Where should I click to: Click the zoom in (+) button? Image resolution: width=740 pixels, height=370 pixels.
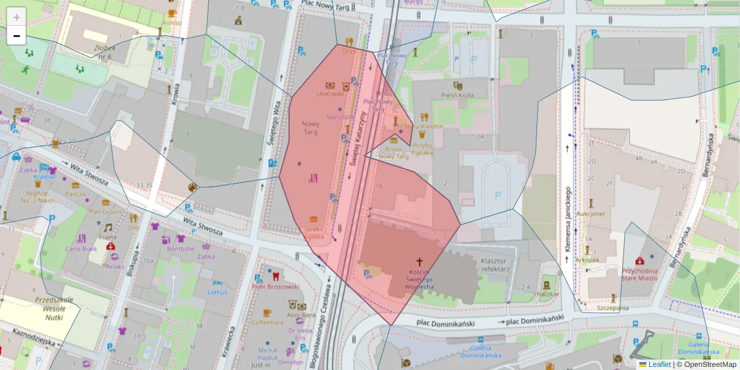coord(17,17)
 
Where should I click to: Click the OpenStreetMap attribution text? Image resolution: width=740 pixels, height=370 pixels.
coord(709,364)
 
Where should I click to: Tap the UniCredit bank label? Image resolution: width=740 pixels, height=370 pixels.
coord(330,94)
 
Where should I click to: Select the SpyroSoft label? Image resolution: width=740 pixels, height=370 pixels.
coord(340,116)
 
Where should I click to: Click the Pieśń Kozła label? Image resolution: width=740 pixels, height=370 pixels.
coord(458,95)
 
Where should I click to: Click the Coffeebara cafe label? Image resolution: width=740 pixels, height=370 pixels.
coord(267,322)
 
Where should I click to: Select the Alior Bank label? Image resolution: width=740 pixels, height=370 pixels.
coord(302,315)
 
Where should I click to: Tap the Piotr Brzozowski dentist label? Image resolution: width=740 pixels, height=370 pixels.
coord(275,287)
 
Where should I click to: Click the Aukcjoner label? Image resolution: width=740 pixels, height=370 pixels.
coord(590,214)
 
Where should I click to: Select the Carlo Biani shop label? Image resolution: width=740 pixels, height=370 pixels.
coord(81,249)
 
